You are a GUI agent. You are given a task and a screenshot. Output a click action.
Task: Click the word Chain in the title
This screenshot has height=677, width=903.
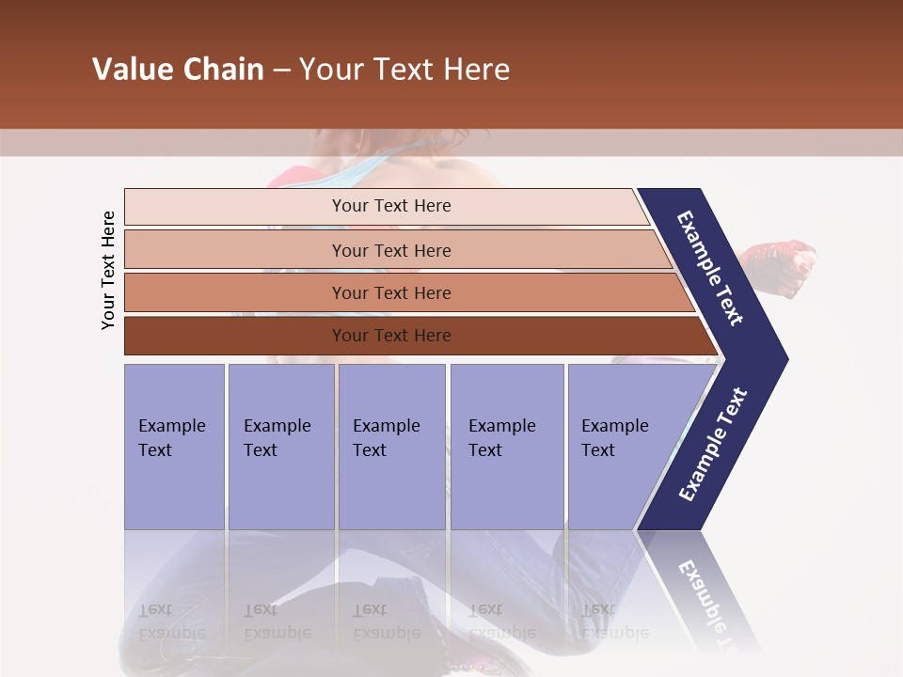(223, 70)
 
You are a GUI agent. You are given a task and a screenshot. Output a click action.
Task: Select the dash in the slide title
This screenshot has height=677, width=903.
(281, 71)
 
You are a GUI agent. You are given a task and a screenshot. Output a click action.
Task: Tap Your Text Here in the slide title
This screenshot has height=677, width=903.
(404, 70)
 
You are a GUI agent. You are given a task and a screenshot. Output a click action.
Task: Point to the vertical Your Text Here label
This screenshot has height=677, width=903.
(108, 270)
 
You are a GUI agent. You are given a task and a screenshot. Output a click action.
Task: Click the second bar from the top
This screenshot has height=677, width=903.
(390, 250)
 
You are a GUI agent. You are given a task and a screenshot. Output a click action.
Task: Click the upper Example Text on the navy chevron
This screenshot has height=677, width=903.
(710, 269)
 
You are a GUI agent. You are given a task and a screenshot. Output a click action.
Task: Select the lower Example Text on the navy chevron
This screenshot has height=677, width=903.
(712, 445)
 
